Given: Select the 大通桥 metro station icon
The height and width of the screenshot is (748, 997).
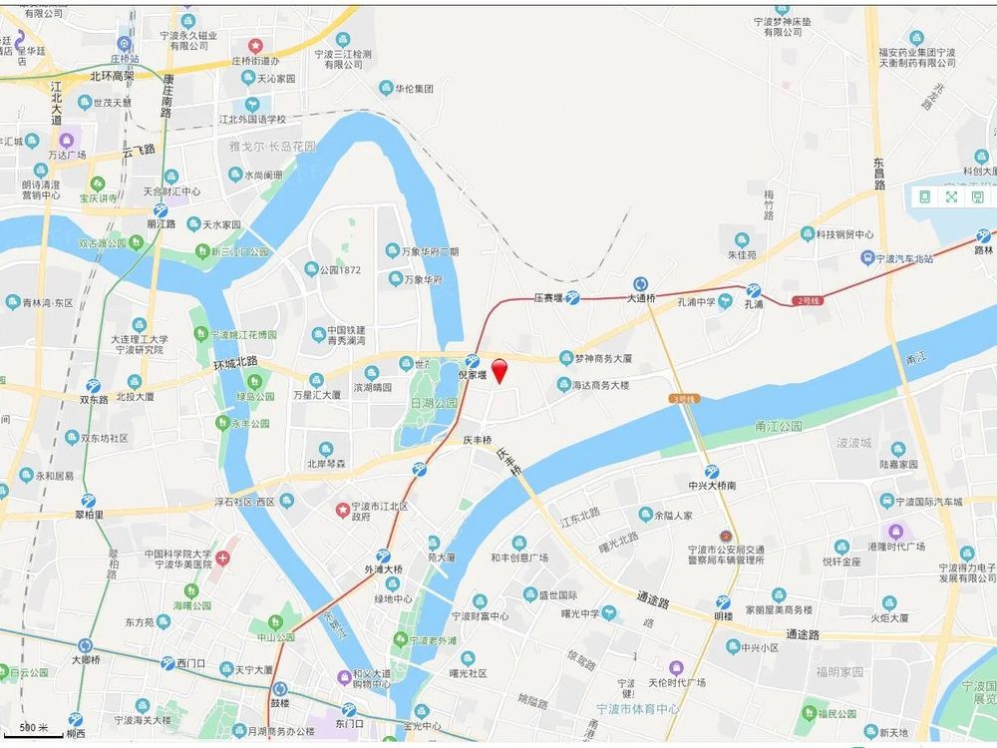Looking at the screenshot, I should (x=640, y=283).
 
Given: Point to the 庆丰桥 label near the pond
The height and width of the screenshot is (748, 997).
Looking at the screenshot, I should (x=479, y=439).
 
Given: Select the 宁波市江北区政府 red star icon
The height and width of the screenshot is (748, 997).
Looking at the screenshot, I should (x=343, y=508).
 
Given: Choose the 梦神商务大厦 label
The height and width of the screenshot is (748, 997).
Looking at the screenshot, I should (x=603, y=357).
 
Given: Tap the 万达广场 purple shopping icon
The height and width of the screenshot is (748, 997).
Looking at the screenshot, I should (x=67, y=141).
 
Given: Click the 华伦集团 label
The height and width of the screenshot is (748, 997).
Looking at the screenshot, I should (x=412, y=89).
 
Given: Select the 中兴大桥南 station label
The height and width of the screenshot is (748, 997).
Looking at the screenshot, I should (x=712, y=486).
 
